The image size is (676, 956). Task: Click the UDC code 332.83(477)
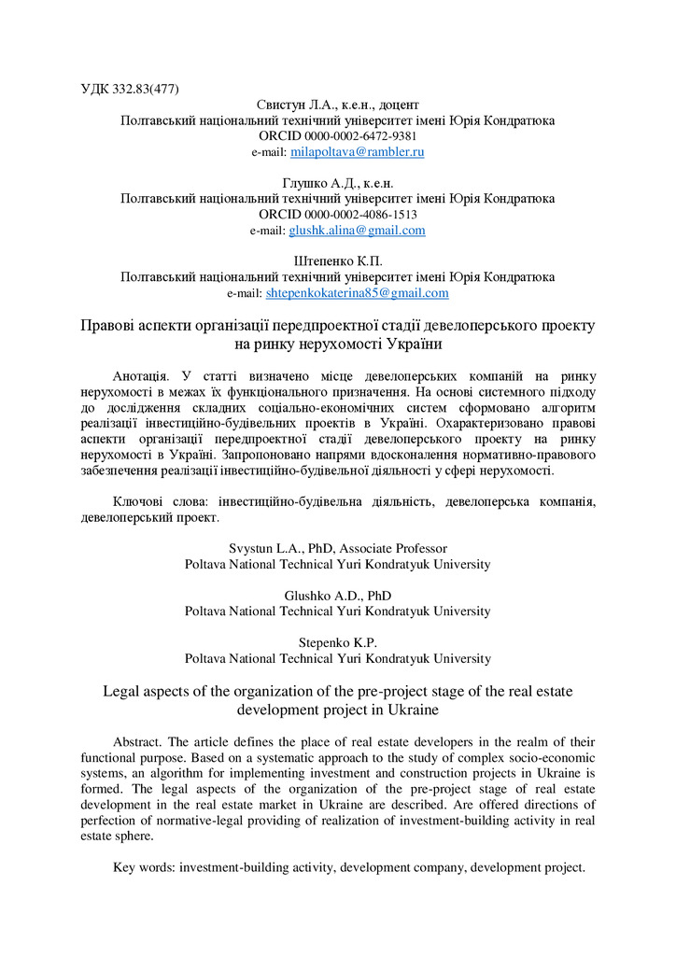pos(146,90)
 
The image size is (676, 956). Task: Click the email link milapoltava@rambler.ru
pos(358,151)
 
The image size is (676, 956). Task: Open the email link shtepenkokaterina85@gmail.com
pos(357,293)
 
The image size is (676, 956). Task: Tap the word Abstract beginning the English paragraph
pos(139,741)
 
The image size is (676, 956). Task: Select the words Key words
pos(144,867)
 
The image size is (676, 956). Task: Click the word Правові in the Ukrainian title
pos(108,326)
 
